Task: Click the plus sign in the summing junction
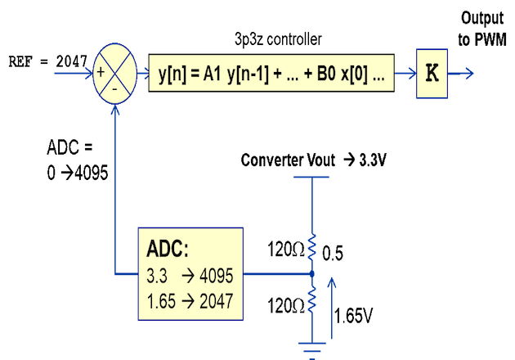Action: pos(101,72)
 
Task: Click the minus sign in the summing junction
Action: pos(115,86)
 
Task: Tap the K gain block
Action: pos(432,73)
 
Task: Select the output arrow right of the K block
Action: pos(462,74)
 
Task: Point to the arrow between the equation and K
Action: pos(405,74)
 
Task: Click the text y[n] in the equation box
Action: pos(172,74)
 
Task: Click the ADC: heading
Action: pos(168,250)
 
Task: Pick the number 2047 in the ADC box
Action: pos(215,301)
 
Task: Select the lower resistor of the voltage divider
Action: pos(311,299)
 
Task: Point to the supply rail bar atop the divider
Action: pos(311,177)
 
